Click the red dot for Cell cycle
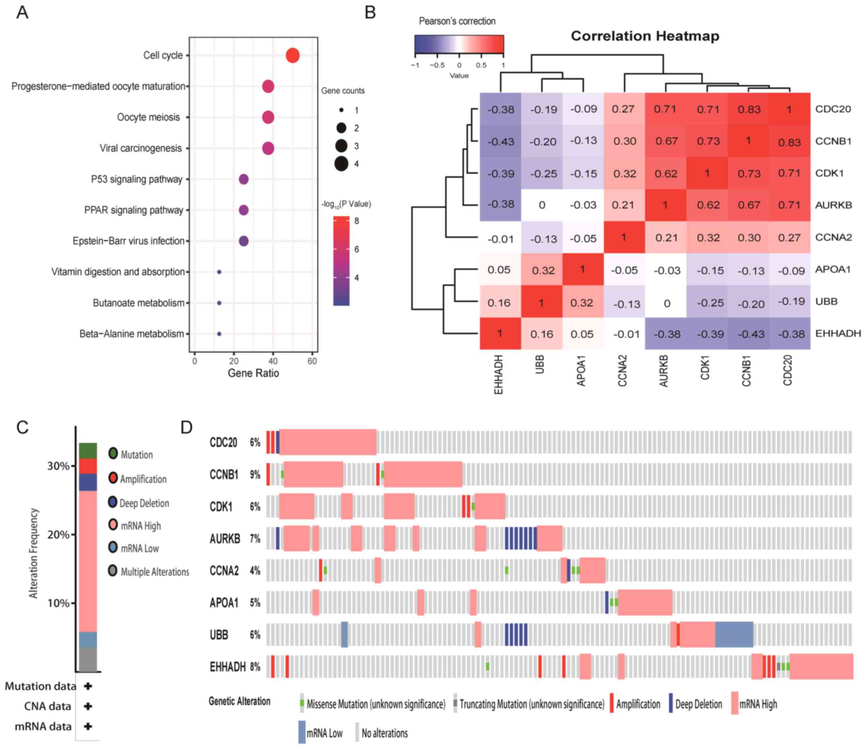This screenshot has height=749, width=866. [x=292, y=55]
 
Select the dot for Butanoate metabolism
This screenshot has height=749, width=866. [x=219, y=303]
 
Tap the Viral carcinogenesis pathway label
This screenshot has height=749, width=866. [x=141, y=148]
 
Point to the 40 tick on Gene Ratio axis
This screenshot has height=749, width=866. [x=273, y=361]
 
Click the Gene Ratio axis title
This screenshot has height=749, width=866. [x=253, y=373]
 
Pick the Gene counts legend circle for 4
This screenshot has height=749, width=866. [x=342, y=164]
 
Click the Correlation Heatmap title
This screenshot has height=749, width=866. [x=645, y=36]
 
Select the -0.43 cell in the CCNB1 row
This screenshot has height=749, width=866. [x=500, y=142]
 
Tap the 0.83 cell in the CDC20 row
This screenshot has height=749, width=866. [x=748, y=109]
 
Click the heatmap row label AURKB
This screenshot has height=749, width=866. [x=833, y=205]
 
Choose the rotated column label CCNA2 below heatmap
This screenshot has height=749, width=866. [x=622, y=371]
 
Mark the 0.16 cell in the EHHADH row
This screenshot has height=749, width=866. [x=541, y=334]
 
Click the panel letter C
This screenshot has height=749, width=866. [x=22, y=427]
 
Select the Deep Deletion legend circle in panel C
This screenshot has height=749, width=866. [x=113, y=502]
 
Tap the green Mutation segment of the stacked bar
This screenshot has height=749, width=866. [x=88, y=450]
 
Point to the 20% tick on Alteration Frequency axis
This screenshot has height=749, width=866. [x=58, y=535]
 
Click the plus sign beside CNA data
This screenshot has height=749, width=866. [x=88, y=706]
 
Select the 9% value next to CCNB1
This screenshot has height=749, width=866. [x=255, y=474]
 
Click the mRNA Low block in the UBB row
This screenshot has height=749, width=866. [x=733, y=635]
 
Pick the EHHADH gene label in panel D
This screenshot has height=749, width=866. [x=227, y=667]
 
